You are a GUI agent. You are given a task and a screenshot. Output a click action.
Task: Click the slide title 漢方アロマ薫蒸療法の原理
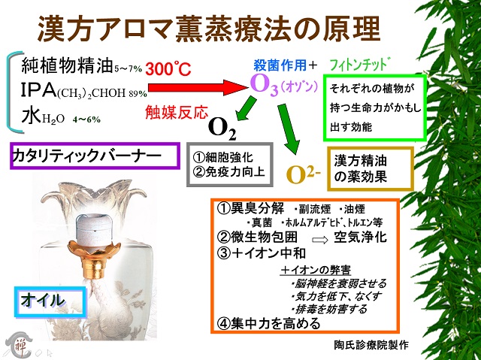click(x=209, y=29)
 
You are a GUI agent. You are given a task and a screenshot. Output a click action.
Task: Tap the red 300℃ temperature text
click(x=168, y=68)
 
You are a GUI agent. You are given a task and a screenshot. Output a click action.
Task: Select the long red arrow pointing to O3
click(x=198, y=88)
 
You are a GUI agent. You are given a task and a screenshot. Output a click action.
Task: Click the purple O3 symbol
click(x=264, y=84)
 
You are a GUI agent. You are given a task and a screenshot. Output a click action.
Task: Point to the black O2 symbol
click(x=222, y=129)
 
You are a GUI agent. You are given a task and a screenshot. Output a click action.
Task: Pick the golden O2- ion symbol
click(x=303, y=175)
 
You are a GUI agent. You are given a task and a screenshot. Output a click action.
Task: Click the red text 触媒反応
click(x=177, y=112)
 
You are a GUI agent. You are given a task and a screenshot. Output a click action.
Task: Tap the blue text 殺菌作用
click(x=280, y=65)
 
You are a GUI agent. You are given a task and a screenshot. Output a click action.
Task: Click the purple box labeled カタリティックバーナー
click(x=95, y=156)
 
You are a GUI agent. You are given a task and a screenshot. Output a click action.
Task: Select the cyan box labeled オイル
click(x=50, y=301)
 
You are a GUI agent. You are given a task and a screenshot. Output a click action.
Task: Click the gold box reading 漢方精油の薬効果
click(x=371, y=168)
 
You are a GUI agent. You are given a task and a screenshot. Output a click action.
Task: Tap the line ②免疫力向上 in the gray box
click(x=228, y=171)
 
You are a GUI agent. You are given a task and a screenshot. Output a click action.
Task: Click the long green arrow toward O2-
click(x=289, y=129)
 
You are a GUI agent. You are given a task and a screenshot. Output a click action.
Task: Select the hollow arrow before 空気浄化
click(x=320, y=240)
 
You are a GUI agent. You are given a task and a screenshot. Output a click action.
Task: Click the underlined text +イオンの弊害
click(x=316, y=270)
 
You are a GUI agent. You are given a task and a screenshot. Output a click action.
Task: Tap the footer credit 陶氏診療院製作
click(x=371, y=345)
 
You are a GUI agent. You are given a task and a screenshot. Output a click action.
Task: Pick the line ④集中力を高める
click(x=268, y=323)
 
